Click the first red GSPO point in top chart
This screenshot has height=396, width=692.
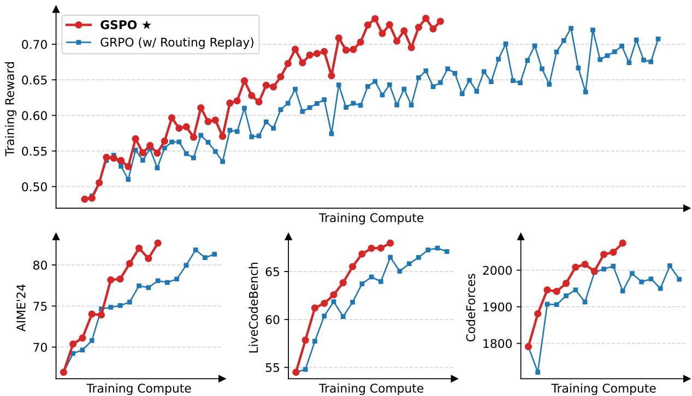click(x=85, y=199)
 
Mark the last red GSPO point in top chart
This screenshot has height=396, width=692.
click(x=440, y=21)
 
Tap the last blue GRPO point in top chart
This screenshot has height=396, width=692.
click(x=658, y=39)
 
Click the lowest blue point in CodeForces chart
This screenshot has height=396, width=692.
click(x=538, y=372)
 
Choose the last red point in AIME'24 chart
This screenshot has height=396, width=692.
click(x=158, y=243)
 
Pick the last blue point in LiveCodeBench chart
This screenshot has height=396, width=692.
click(x=447, y=251)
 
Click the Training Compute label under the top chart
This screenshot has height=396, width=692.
click(x=371, y=218)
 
